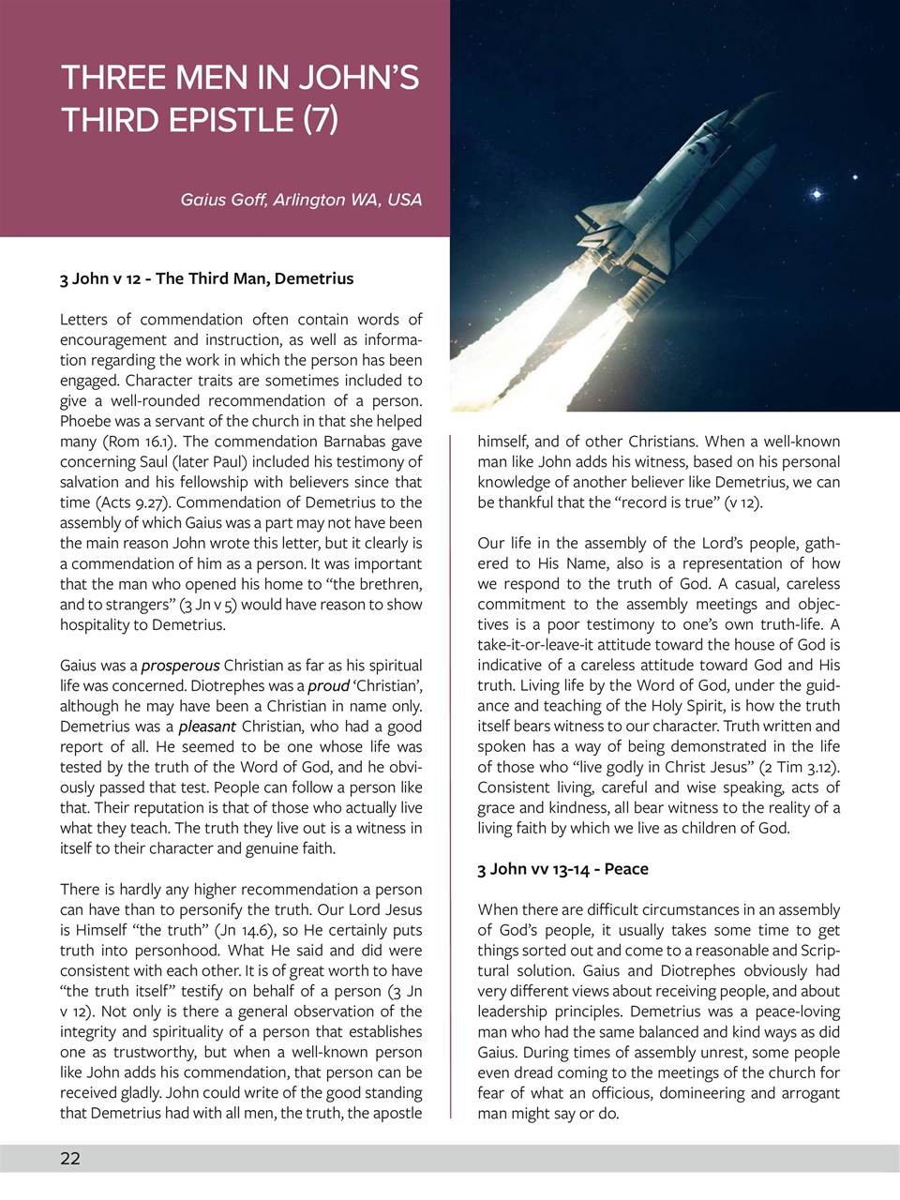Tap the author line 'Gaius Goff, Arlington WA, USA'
click(301, 200)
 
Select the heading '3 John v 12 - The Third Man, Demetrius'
click(206, 278)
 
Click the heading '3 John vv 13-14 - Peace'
click(562, 869)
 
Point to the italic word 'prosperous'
click(180, 666)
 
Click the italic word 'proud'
click(328, 686)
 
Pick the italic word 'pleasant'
click(206, 727)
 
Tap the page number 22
click(70, 1159)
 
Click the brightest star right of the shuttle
click(817, 194)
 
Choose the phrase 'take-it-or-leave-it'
click(540, 645)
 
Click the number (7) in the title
click(321, 120)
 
